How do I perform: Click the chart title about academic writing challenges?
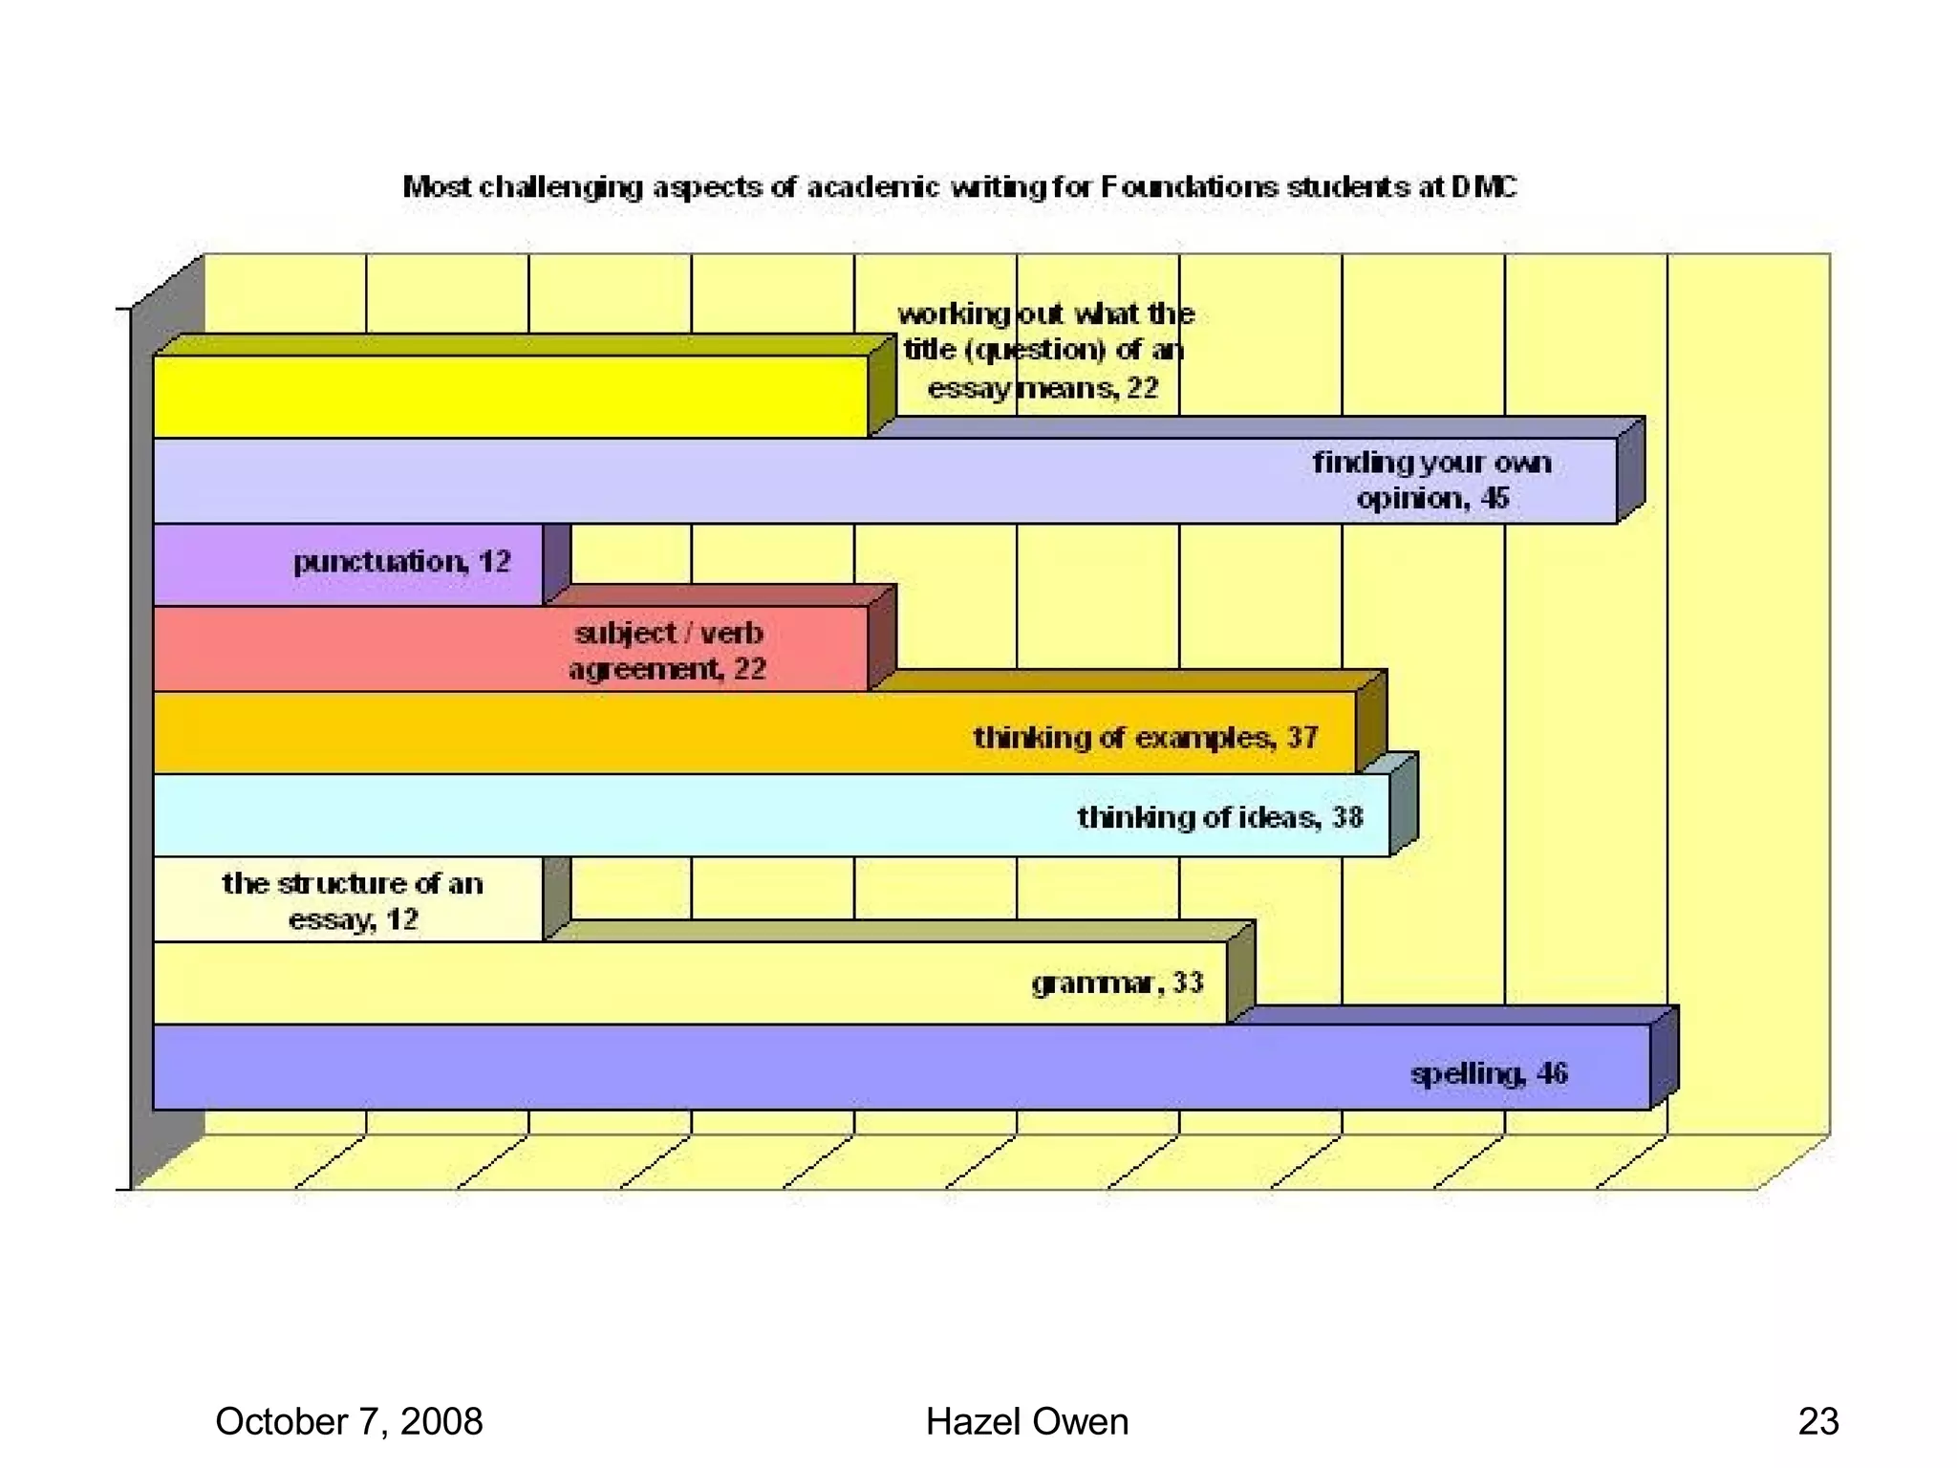click(x=958, y=186)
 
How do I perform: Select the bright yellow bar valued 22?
click(x=510, y=397)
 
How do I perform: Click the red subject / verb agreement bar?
click(x=363, y=649)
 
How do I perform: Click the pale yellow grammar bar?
click(x=592, y=983)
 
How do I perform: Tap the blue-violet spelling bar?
click(x=764, y=1068)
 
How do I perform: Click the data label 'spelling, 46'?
click(x=1489, y=1073)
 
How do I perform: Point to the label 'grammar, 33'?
click(x=1117, y=983)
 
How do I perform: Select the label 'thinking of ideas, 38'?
click(x=1220, y=817)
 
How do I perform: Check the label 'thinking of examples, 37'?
click(x=1146, y=738)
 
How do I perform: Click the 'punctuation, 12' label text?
click(x=401, y=561)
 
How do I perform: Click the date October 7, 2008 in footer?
click(x=349, y=1421)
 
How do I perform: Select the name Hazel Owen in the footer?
click(x=1026, y=1421)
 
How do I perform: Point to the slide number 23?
click(x=1817, y=1421)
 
